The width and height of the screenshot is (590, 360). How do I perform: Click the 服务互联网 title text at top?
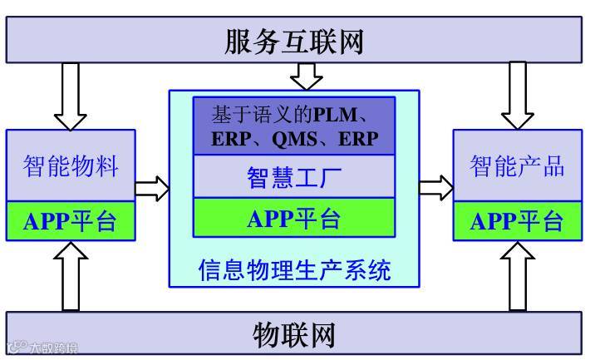pos(294,42)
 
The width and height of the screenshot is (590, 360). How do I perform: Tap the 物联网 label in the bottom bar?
pos(294,335)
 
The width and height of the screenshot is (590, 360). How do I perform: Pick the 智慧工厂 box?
pos(294,178)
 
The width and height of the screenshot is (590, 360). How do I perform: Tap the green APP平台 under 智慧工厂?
pos(294,219)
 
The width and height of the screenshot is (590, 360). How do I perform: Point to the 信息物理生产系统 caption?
pos(294,270)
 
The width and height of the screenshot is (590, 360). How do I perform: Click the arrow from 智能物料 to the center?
pos(152,190)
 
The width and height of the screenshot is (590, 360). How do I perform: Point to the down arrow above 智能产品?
pos(519,94)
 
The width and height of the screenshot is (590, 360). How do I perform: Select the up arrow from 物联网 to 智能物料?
pos(71,277)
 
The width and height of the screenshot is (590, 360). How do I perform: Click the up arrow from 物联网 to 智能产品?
pos(519,277)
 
